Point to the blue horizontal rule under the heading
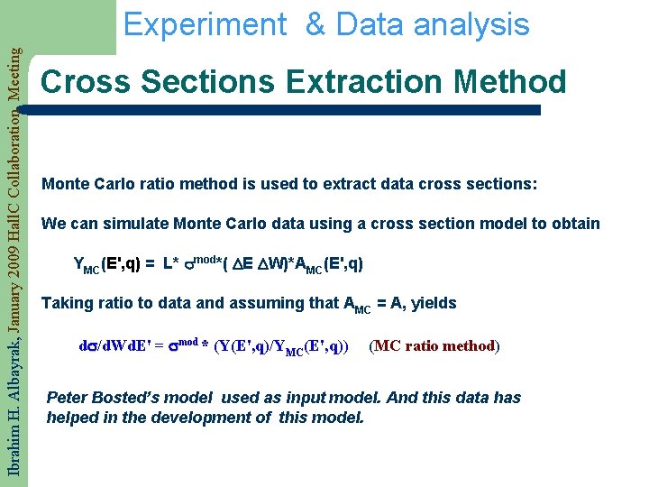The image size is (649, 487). click(x=288, y=110)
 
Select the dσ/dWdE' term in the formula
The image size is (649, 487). click(x=115, y=345)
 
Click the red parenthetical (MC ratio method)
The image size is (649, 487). click(x=434, y=345)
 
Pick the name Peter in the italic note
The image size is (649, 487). click(x=67, y=398)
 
